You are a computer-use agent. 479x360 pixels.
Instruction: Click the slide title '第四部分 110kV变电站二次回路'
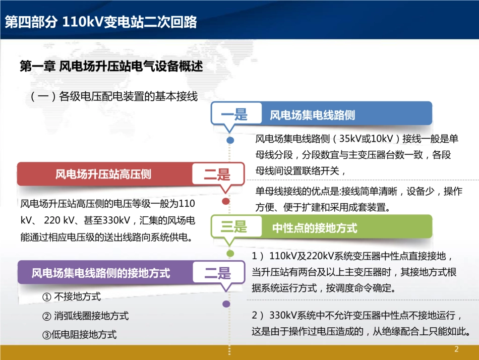[x=100, y=23]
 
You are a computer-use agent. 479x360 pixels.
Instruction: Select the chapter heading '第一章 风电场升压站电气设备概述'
[x=111, y=67]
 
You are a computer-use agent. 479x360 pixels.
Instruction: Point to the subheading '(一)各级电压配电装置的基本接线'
[x=113, y=96]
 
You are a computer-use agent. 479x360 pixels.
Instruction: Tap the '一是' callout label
[x=234, y=114]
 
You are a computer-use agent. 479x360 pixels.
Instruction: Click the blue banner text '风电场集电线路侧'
[x=312, y=115]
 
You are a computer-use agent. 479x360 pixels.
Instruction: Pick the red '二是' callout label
[x=217, y=175]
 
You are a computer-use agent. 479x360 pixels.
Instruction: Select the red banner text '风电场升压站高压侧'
[x=103, y=174]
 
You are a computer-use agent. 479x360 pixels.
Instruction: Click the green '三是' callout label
[x=234, y=227]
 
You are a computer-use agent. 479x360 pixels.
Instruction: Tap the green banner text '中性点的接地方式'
[x=315, y=228]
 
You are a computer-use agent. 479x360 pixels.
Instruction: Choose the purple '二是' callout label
[x=217, y=273]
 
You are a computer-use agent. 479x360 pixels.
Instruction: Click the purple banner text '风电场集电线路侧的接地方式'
[x=101, y=273]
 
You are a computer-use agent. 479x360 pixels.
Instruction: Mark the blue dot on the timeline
[x=230, y=140]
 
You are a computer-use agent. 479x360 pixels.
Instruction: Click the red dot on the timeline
[x=226, y=201]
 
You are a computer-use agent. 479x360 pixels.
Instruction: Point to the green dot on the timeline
[x=230, y=253]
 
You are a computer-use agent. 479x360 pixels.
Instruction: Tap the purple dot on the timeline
[x=226, y=304]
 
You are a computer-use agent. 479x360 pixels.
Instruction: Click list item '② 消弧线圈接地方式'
[x=85, y=316]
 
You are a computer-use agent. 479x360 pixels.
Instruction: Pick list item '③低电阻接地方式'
[x=79, y=334]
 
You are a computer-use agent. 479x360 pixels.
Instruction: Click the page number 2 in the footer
[x=457, y=349]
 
